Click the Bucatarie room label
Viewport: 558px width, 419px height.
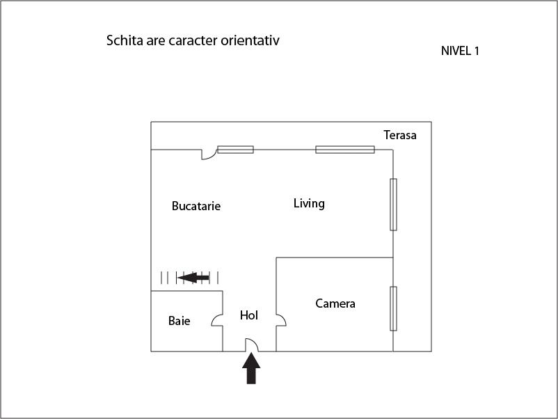click(196, 206)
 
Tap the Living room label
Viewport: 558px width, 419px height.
click(309, 203)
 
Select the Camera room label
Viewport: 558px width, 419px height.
click(335, 303)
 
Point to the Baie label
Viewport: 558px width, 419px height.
click(179, 320)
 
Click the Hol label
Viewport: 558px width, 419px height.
click(249, 315)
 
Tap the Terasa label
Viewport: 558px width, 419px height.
click(399, 135)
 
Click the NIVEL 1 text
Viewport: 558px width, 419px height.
click(460, 51)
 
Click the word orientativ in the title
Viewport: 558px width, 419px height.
click(250, 40)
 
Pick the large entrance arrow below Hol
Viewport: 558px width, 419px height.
click(251, 368)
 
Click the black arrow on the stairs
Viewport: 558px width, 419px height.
click(193, 277)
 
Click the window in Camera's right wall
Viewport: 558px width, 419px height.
click(393, 308)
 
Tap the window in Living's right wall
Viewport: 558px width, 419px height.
click(393, 205)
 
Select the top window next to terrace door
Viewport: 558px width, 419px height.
click(236, 150)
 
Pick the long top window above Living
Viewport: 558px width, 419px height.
click(345, 150)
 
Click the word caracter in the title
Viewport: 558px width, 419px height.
click(193, 40)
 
